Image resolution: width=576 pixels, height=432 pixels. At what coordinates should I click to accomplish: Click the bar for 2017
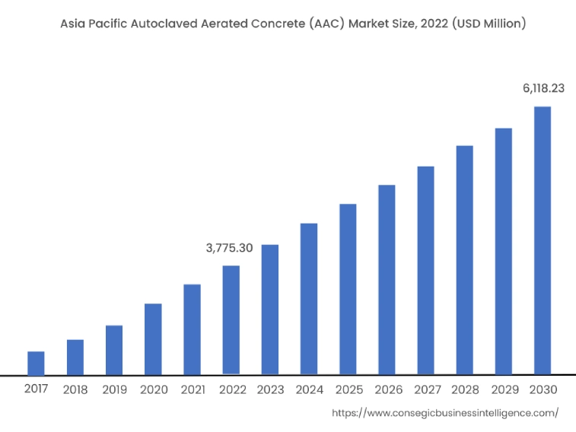click(x=36, y=363)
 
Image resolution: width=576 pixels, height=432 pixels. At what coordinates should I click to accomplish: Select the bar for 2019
click(x=114, y=350)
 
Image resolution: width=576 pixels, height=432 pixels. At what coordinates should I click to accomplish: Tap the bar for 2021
click(x=192, y=329)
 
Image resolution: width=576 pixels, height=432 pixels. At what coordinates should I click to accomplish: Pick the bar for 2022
click(x=231, y=320)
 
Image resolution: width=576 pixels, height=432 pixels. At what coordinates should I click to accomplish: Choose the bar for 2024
click(x=309, y=299)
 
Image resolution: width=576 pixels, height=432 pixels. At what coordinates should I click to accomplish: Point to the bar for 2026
click(x=387, y=280)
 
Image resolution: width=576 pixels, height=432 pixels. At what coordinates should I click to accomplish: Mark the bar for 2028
click(x=464, y=260)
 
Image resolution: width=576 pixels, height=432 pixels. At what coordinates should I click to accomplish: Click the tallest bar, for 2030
click(x=542, y=240)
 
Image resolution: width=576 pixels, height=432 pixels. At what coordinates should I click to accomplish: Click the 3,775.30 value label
click(x=230, y=248)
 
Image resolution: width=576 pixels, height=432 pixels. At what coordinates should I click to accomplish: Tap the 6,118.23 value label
click(x=543, y=88)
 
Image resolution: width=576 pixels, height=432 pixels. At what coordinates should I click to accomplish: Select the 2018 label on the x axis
click(x=75, y=389)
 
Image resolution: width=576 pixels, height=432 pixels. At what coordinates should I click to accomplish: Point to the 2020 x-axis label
click(x=153, y=389)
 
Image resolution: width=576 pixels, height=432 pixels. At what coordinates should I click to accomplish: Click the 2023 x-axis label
click(x=270, y=389)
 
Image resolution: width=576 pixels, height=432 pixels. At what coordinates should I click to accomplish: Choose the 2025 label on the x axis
click(x=348, y=389)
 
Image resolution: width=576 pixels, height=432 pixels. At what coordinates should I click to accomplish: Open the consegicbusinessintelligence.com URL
click(x=446, y=412)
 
